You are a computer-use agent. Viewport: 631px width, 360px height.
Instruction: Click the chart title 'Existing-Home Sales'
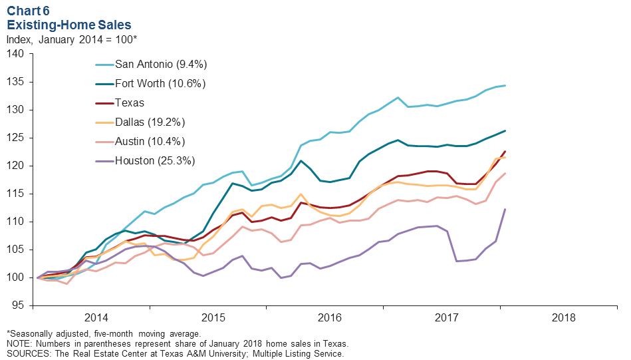(69, 25)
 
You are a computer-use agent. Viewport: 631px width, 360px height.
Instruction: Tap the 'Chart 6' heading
(29, 11)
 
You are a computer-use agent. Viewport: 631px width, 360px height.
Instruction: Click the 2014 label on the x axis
(96, 317)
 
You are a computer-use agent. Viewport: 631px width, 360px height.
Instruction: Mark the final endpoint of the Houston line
(505, 209)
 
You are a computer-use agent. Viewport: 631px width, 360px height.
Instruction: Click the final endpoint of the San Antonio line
(505, 85)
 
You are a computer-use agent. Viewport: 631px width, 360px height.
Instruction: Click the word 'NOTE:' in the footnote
(20, 343)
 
